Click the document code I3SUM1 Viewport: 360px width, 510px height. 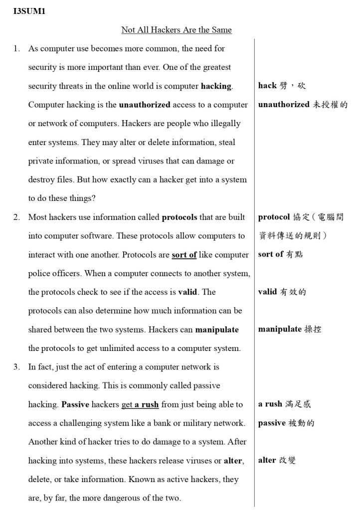pos(29,11)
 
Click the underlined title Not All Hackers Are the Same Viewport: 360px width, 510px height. pos(177,30)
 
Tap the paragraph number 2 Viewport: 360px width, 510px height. pos(17,217)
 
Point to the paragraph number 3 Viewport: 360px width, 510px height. pos(17,367)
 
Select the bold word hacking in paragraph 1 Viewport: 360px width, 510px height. pos(216,86)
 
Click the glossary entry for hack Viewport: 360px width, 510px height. pos(282,86)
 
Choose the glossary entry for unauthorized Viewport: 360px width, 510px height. pos(303,105)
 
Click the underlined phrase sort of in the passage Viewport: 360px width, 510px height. pos(184,255)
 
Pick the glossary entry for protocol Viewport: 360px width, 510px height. pos(301,217)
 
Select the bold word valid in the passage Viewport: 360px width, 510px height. pos(187,292)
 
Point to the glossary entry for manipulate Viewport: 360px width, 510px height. pos(290,329)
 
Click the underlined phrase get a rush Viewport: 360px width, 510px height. pos(140,404)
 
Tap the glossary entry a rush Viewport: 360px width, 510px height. pos(284,404)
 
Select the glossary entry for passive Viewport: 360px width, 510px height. pos(286,423)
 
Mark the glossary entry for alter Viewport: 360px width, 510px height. pos(277,460)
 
